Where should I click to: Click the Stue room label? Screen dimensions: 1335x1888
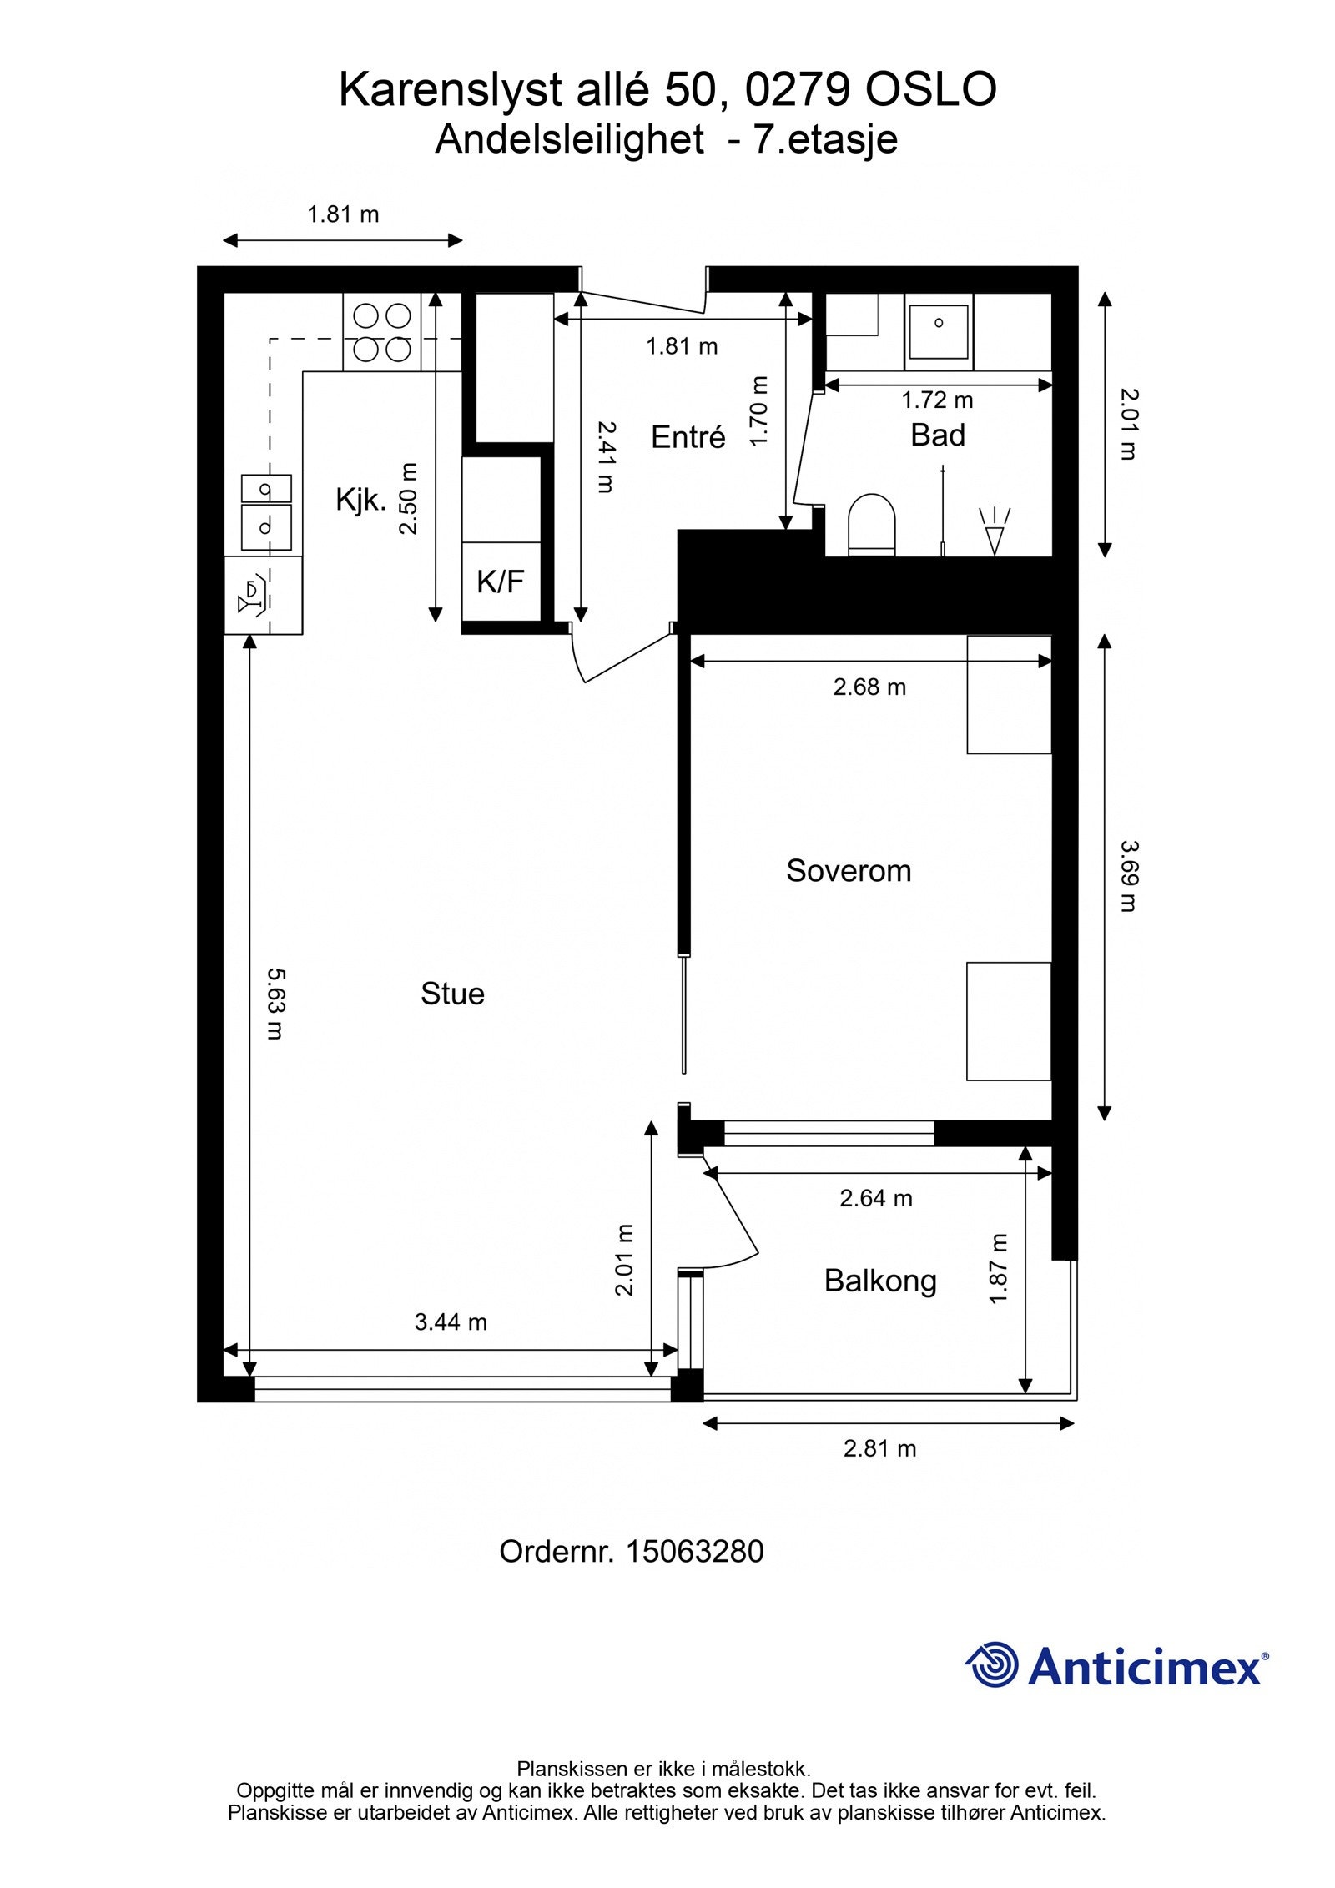(452, 994)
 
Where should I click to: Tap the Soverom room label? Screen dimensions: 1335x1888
(849, 871)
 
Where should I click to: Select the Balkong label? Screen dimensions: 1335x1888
(880, 1281)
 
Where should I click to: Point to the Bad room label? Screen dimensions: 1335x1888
(938, 435)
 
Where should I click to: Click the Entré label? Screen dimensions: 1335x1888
(688, 437)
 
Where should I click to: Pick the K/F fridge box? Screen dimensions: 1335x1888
(501, 582)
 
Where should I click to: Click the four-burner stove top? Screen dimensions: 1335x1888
(381, 332)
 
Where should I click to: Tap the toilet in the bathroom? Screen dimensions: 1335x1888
(871, 525)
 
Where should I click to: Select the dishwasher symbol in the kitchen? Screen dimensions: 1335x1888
(263, 596)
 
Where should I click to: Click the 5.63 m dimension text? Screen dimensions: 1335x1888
(275, 1003)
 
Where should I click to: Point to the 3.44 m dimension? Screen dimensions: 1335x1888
(451, 1322)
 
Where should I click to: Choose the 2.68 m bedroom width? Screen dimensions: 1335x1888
(869, 687)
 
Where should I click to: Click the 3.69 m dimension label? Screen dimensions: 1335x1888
(1128, 876)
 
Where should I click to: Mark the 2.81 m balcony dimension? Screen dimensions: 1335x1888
(879, 1448)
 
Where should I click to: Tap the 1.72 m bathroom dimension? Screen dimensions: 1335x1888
(937, 400)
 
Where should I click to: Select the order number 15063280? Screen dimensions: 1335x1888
(694, 1552)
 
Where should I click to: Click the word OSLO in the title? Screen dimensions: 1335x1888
(930, 90)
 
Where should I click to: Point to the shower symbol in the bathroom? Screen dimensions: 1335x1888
(994, 531)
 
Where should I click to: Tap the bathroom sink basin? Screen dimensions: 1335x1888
(939, 332)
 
